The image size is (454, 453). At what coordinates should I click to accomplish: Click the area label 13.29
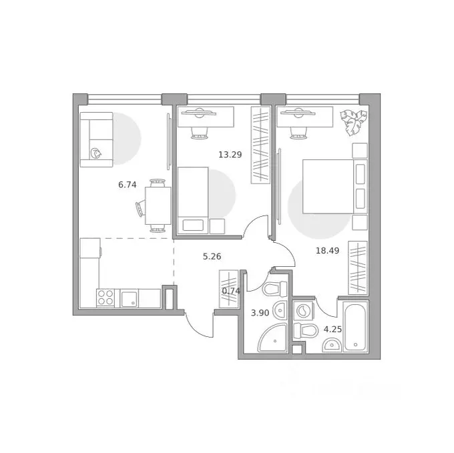click(230, 155)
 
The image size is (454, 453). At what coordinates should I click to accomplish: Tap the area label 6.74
click(127, 185)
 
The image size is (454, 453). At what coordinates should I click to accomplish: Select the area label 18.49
click(327, 250)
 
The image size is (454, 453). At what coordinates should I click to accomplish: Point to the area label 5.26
click(212, 257)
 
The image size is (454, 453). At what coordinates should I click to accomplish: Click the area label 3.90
click(260, 313)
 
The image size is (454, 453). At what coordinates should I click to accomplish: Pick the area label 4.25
click(332, 329)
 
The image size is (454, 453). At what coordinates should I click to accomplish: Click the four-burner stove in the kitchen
click(105, 298)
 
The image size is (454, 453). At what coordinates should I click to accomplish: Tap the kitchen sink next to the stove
click(129, 299)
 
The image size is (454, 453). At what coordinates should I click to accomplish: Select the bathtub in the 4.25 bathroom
click(355, 327)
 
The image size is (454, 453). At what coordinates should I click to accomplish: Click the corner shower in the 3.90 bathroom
click(272, 338)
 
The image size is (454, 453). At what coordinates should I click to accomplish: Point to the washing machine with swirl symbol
click(303, 310)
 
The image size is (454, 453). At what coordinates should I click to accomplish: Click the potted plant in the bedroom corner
click(353, 122)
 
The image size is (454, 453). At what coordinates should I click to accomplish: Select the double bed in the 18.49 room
click(335, 187)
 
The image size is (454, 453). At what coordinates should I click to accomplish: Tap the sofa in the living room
click(96, 139)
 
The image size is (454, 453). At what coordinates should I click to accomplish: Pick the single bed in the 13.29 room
click(193, 200)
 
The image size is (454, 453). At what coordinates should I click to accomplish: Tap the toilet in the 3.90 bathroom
click(274, 289)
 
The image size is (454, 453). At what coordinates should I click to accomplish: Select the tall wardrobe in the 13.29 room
click(260, 145)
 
